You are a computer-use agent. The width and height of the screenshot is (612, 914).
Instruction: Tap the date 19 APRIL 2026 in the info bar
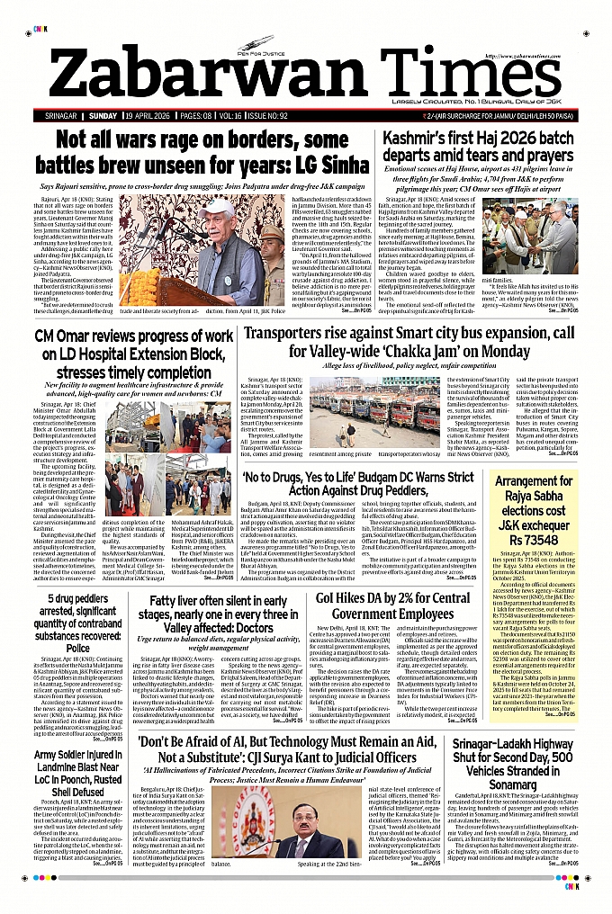[x=152, y=116]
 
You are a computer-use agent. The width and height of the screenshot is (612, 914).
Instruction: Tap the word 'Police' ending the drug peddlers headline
[x=78, y=647]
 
